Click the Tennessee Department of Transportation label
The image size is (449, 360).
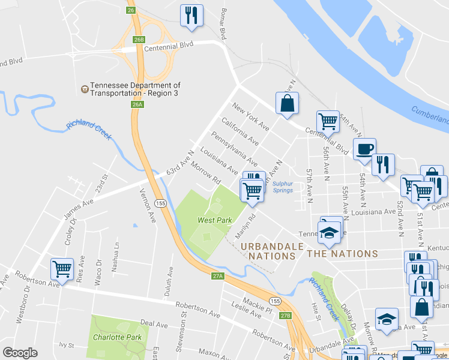pos(135,89)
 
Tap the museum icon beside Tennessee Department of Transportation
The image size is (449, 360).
pos(85,89)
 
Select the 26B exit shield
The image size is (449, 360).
pos(139,40)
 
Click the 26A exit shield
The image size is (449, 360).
pos(137,104)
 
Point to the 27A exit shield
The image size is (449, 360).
pos(218,276)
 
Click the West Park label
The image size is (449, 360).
pos(215,220)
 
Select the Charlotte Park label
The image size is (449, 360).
pos(117,337)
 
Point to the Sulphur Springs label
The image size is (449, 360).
pos(282,187)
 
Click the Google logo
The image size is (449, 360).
pos(20,353)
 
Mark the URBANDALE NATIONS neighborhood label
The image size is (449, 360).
pos(268,251)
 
